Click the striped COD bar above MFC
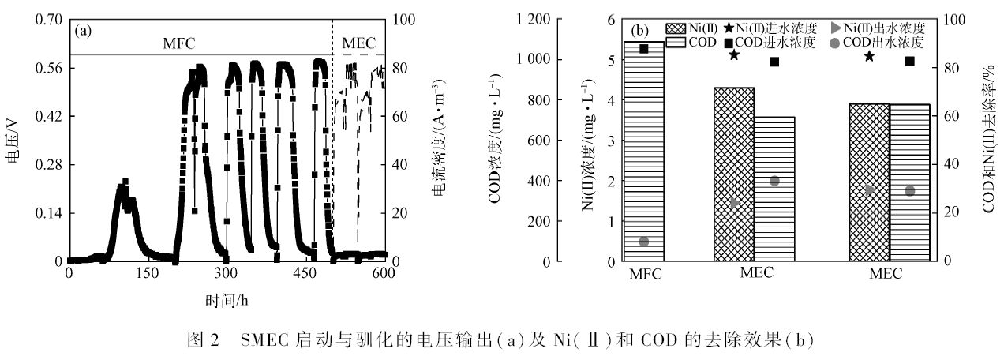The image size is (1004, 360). [x=643, y=150]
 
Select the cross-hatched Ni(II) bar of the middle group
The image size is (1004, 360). [x=733, y=174]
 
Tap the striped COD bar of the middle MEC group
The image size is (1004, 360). [x=774, y=189]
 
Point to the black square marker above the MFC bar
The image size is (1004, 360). [x=644, y=49]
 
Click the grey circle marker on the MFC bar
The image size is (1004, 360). [x=644, y=242]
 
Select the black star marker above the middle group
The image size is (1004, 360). [x=734, y=55]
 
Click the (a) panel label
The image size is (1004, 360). [x=83, y=32]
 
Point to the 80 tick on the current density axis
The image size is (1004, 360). [x=398, y=68]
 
